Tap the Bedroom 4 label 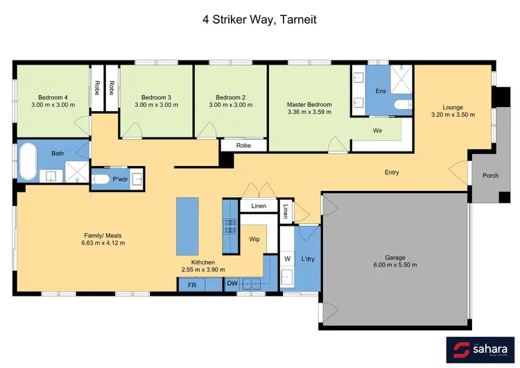(52, 97)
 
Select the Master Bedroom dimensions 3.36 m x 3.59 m (309, 114)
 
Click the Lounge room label (452, 107)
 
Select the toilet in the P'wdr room (102, 179)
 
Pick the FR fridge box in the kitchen (191, 284)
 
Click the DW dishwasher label (232, 284)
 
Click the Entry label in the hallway (392, 172)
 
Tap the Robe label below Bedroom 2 (243, 146)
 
